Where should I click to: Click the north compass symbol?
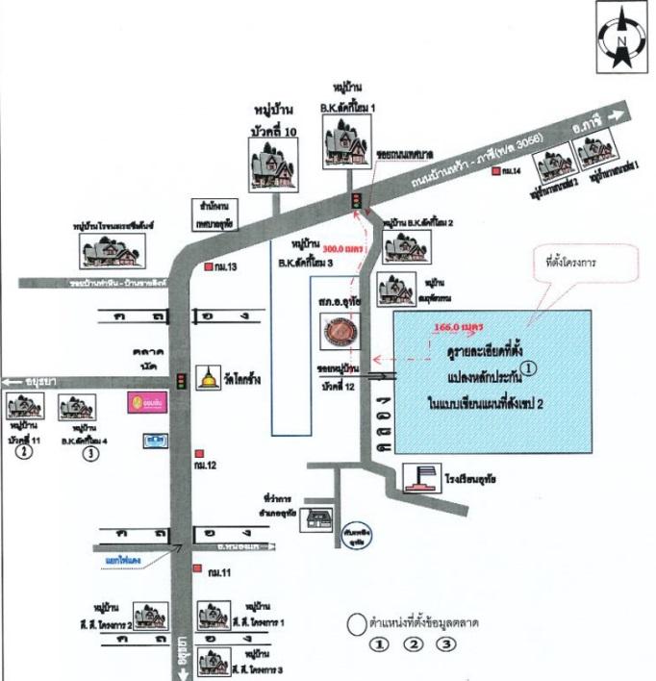pos(623,39)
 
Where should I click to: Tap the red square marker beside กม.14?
pos(495,171)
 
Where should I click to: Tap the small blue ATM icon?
pos(151,440)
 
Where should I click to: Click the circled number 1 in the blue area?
pos(528,366)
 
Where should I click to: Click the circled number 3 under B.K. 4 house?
pos(90,453)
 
